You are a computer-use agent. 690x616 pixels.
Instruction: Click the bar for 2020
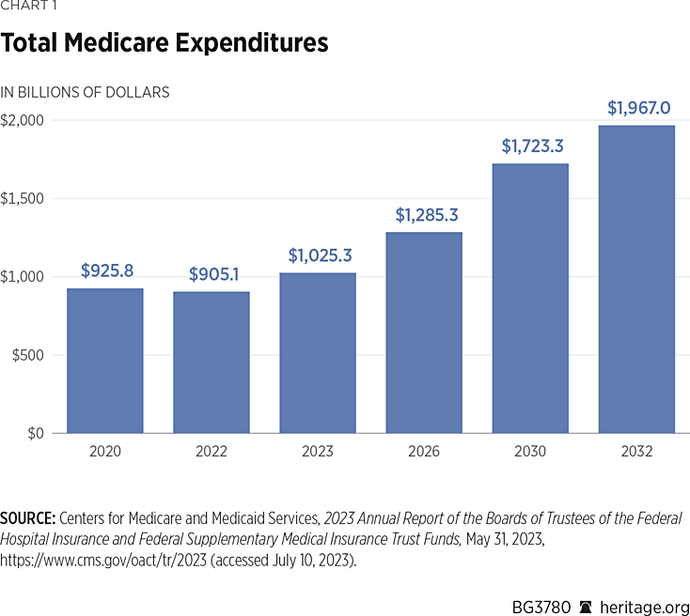point(104,361)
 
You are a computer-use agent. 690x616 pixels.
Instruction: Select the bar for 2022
point(211,362)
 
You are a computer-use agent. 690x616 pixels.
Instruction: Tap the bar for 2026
point(424,332)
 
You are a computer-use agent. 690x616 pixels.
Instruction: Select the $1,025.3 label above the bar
point(320,255)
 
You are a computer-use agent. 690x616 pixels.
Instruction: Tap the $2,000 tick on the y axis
point(23,120)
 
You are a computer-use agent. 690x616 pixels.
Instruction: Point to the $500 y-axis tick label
point(27,355)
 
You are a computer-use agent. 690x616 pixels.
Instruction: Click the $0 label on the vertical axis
point(35,433)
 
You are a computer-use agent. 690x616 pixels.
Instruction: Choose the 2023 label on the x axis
point(317,452)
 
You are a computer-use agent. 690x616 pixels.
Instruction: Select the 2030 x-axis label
point(530,452)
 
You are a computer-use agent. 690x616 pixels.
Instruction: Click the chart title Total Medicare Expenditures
point(165,43)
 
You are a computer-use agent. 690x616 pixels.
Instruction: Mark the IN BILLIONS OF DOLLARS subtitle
point(86,92)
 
